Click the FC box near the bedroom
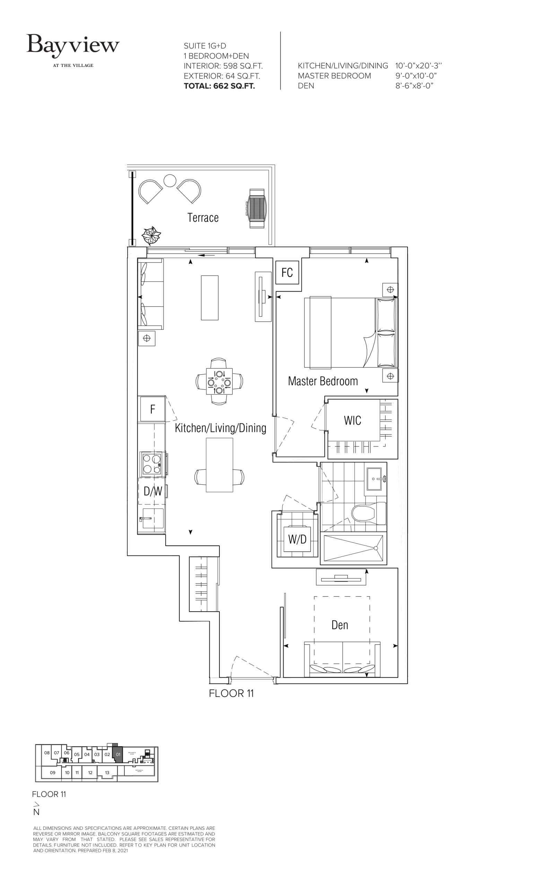click(287, 272)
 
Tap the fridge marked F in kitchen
click(152, 409)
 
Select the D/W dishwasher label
click(153, 491)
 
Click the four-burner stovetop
click(151, 464)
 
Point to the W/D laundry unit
click(297, 539)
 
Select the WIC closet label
click(352, 420)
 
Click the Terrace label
click(203, 218)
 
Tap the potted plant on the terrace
click(151, 236)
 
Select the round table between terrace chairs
click(169, 181)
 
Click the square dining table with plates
click(219, 381)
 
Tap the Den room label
click(340, 625)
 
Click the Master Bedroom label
click(323, 381)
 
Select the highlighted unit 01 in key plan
click(118, 754)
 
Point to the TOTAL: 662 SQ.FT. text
click(219, 86)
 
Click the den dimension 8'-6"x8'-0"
click(414, 86)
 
